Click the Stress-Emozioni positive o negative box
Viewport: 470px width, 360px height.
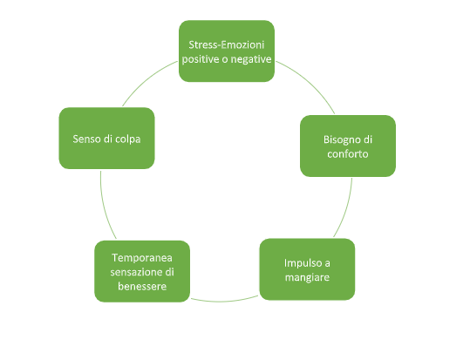tap(227, 51)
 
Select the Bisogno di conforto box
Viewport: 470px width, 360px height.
tap(348, 146)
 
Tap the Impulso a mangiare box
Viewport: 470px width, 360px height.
tap(307, 269)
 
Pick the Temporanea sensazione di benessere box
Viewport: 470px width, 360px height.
tap(142, 271)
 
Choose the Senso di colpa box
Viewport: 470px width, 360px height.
tap(106, 139)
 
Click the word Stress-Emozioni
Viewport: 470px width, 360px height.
tap(227, 44)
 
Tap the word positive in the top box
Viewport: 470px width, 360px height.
tap(201, 59)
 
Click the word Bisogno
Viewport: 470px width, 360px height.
tap(339, 140)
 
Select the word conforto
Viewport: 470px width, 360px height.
tap(348, 153)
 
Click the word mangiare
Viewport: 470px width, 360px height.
tap(307, 277)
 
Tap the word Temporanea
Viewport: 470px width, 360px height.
tap(142, 258)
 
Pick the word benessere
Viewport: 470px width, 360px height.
tap(142, 286)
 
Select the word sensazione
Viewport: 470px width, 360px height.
tap(136, 272)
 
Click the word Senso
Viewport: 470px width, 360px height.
tap(86, 139)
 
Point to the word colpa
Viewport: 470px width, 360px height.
tap(127, 139)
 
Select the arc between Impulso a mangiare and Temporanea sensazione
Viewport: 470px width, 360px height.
tap(225, 301)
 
